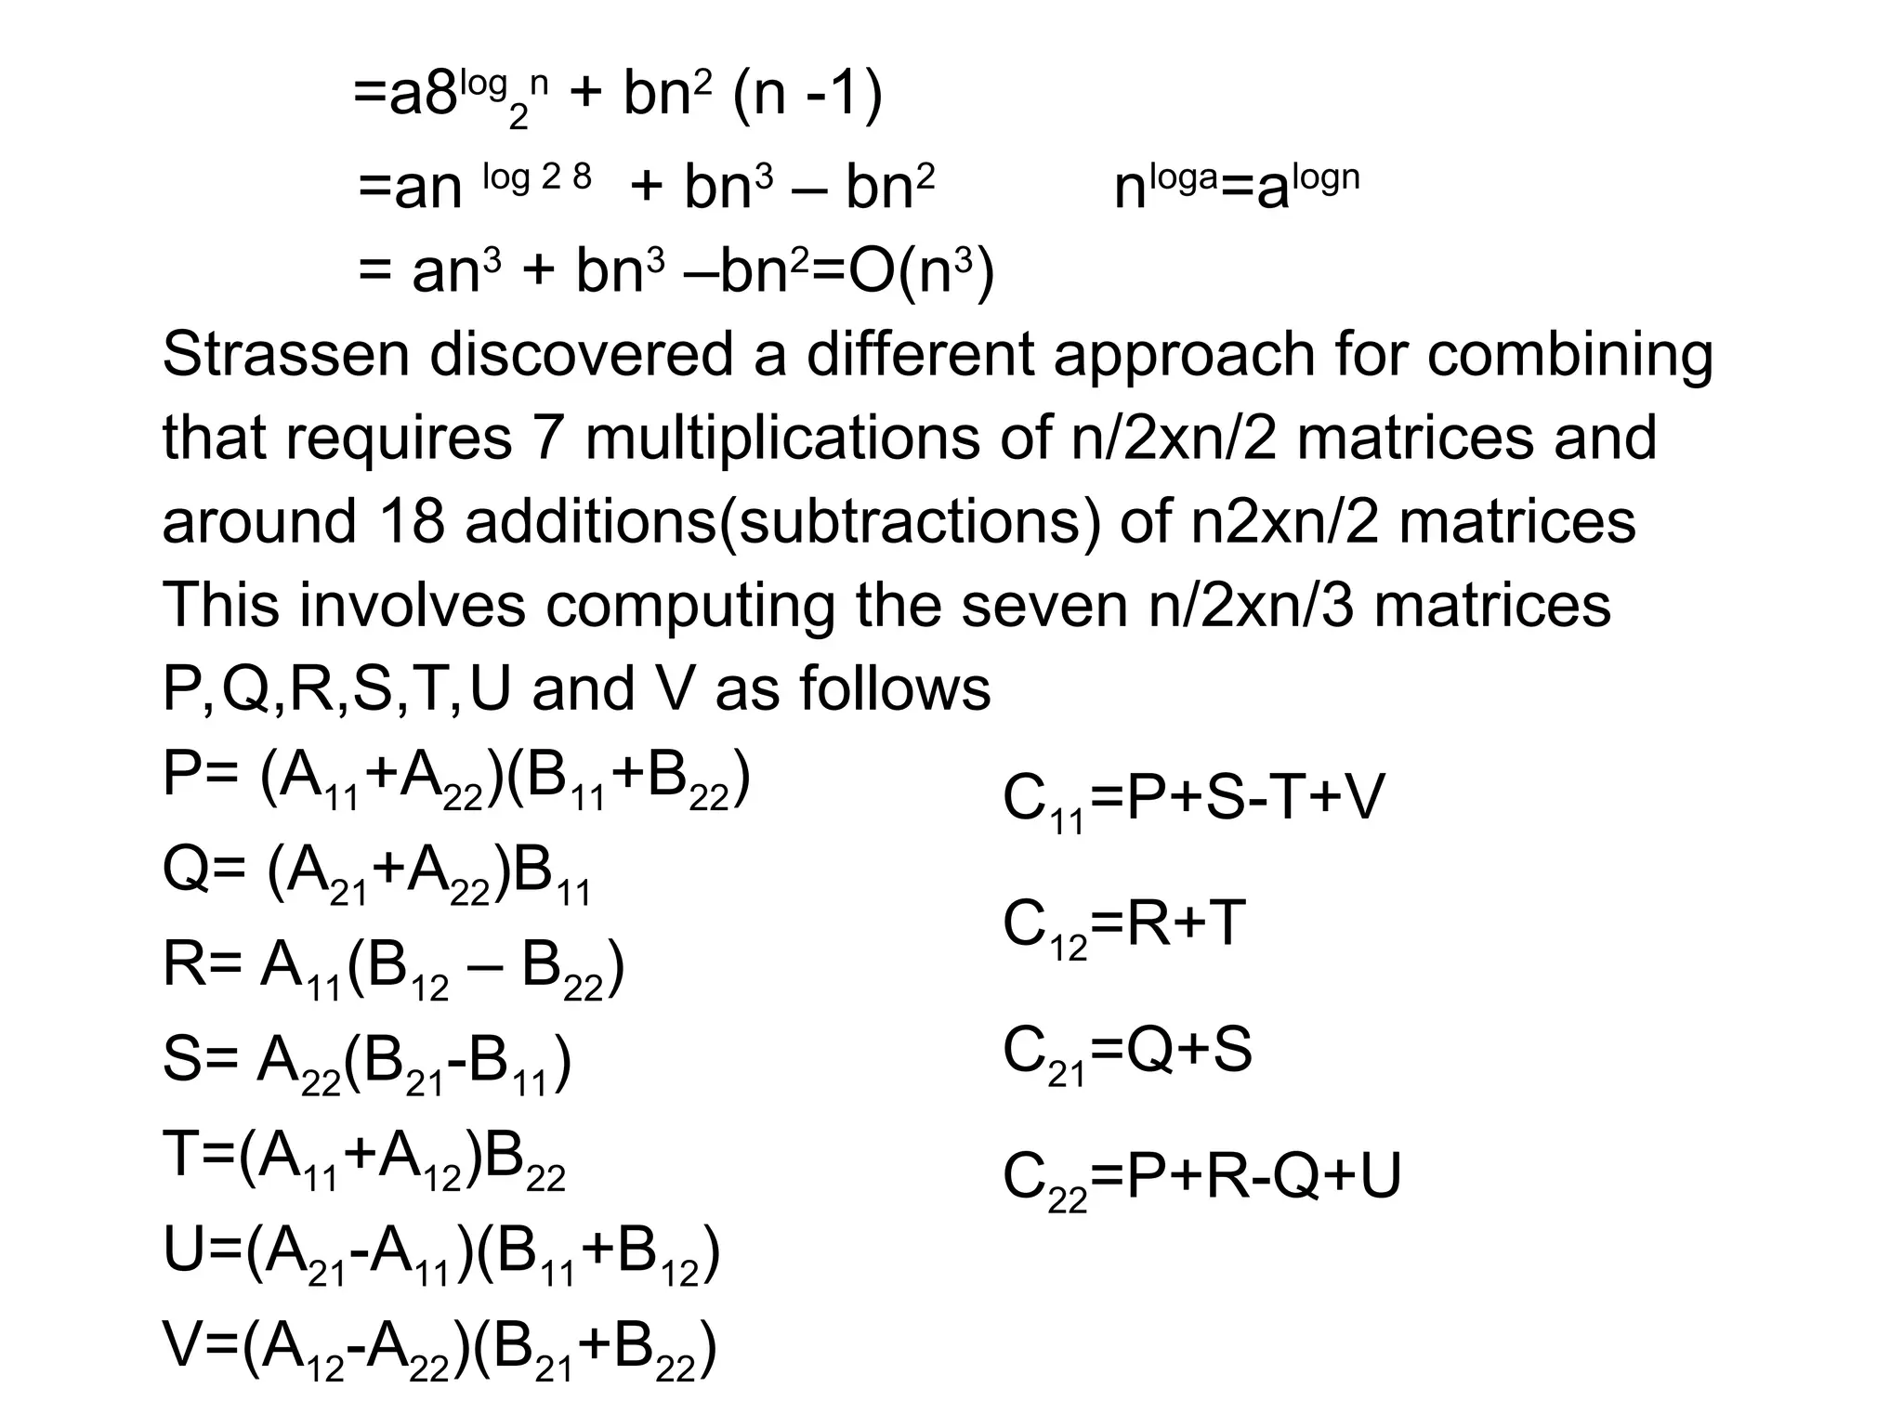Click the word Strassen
pos(285,355)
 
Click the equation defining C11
pos(1193,800)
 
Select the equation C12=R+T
pos(1123,926)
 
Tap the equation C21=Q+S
pos(1127,1053)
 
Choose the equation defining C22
pos(1201,1178)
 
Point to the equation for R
pos(393,968)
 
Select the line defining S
pos(366,1064)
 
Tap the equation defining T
pos(363,1160)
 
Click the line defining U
pos(441,1255)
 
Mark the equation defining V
pos(440,1351)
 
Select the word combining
pos(1569,355)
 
